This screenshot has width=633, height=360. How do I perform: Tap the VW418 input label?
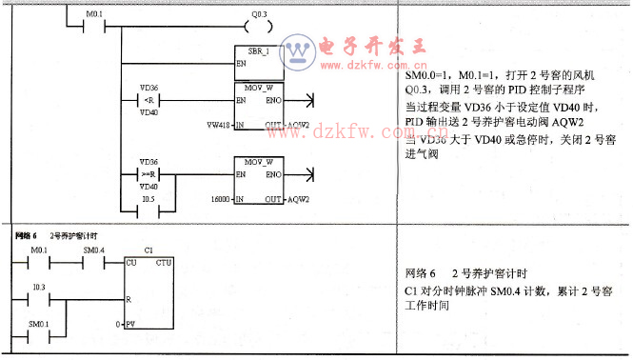pyautogui.click(x=218, y=125)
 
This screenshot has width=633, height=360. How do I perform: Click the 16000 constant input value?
pyautogui.click(x=221, y=199)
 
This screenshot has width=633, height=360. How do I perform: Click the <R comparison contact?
pyautogui.click(x=148, y=100)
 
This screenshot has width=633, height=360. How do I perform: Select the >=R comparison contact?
pyautogui.click(x=148, y=174)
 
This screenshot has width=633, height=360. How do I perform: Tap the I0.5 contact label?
pyautogui.click(x=148, y=200)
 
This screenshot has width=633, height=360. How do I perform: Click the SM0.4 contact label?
pyautogui.click(x=94, y=250)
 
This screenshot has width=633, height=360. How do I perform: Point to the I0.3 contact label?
pyautogui.click(x=39, y=287)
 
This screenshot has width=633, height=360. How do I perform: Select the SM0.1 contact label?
pyautogui.click(x=39, y=324)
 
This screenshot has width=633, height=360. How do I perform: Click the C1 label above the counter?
pyautogui.click(x=148, y=250)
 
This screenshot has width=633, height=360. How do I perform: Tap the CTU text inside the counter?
pyautogui.click(x=163, y=262)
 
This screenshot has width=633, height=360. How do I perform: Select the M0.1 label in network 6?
pyautogui.click(x=39, y=250)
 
